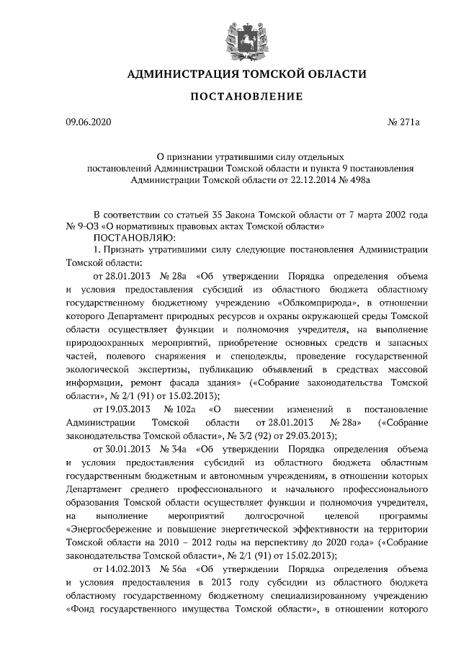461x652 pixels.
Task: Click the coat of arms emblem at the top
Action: coord(230,37)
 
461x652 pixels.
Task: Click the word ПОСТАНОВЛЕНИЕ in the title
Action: coord(230,97)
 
